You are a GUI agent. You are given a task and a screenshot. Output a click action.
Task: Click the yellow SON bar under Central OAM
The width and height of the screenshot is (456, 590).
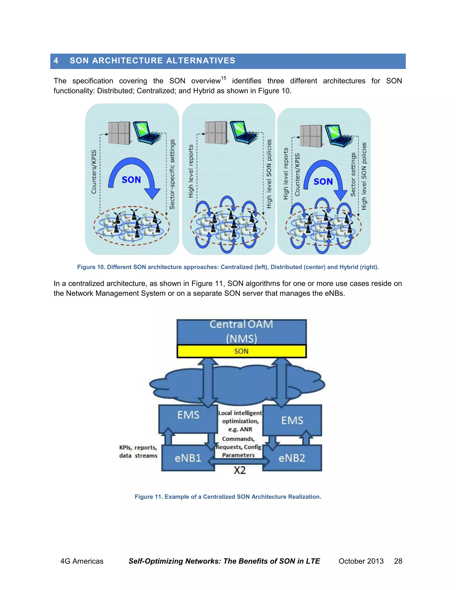pos(241,351)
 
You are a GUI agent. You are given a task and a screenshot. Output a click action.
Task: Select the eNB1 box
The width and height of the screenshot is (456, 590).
pos(188,458)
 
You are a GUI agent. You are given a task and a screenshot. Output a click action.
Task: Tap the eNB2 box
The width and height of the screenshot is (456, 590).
pos(292,458)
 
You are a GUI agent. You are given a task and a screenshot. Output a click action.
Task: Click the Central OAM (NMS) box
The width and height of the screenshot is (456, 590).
pos(241,332)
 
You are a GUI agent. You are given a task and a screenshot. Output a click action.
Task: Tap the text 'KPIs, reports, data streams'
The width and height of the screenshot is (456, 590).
pos(138,452)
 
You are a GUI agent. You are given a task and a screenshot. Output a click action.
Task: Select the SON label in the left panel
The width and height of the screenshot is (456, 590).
pos(131,180)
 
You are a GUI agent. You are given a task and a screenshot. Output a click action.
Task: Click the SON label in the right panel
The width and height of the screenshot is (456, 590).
pos(323,181)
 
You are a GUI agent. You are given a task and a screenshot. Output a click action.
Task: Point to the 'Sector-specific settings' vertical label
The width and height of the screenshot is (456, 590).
pos(172,174)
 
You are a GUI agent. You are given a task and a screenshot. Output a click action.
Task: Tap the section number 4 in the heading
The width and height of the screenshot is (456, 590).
pos(56,61)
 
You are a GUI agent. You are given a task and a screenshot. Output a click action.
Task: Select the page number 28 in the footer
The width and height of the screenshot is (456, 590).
pos(398,561)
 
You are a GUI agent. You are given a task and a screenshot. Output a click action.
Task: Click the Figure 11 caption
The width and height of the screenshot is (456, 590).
pos(228,496)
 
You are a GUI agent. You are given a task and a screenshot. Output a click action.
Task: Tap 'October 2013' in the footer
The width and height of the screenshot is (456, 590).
pos(361,561)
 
